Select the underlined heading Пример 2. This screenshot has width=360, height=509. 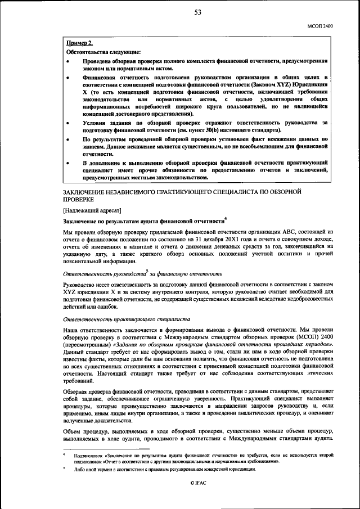[x=80, y=43]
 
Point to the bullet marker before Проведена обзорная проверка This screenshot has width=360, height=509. [x=69, y=60]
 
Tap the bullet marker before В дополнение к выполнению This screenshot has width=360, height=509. [x=69, y=163]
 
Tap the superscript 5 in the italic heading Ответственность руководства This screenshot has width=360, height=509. [x=147, y=271]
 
